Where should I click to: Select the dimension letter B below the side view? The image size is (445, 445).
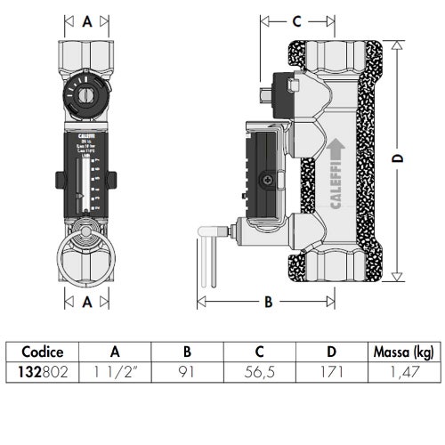[x=266, y=302]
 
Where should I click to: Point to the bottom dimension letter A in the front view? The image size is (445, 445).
[x=86, y=302]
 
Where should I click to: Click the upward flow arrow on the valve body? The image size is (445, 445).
[x=335, y=142]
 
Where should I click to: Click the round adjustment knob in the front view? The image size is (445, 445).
[x=86, y=93]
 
